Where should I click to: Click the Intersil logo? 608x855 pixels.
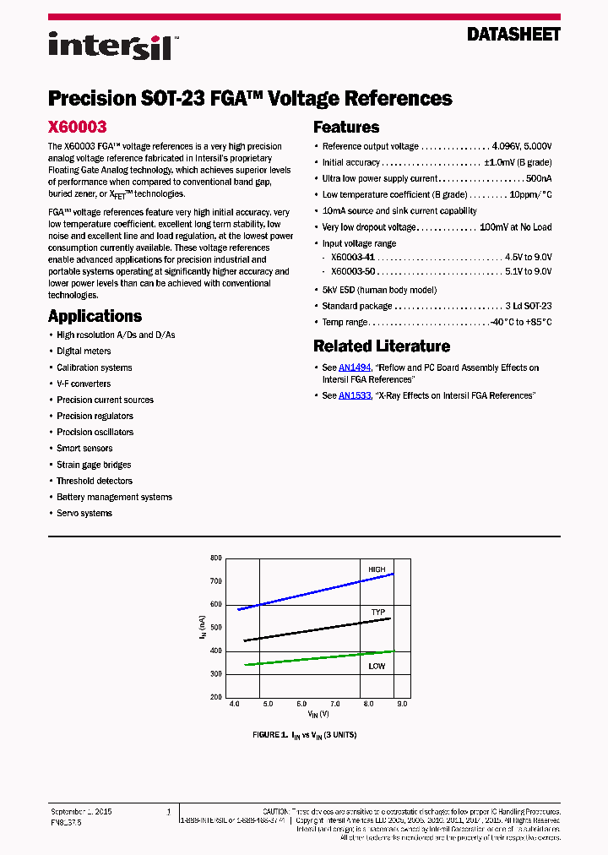click(x=111, y=45)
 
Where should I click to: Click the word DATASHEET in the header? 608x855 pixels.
click(x=513, y=35)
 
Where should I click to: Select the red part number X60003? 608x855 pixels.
click(x=77, y=127)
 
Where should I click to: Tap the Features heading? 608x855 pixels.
click(x=346, y=128)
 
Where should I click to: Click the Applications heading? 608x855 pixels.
click(x=95, y=316)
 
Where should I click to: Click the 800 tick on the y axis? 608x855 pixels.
click(x=215, y=558)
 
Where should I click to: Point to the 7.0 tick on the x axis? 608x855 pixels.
click(x=334, y=704)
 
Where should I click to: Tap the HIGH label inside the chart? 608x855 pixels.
click(x=377, y=569)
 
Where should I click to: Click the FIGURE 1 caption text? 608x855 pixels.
click(x=304, y=735)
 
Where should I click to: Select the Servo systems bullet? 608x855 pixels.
click(x=84, y=513)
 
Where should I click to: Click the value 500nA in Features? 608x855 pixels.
click(x=539, y=179)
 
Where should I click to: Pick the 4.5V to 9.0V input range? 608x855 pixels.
click(x=528, y=256)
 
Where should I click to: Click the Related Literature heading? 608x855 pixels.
click(x=382, y=346)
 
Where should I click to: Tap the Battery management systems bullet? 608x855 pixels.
click(x=114, y=497)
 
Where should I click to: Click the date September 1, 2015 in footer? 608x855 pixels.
click(x=82, y=811)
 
